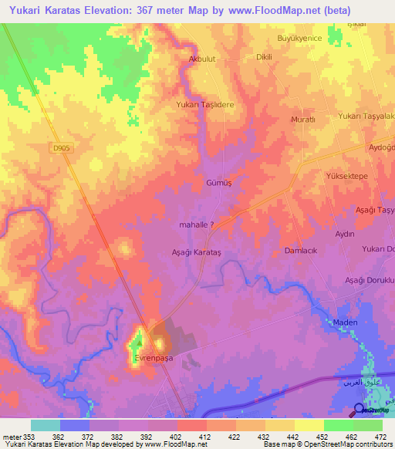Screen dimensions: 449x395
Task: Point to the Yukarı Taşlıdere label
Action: (x=204, y=104)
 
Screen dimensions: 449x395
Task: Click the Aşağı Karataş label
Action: (x=196, y=252)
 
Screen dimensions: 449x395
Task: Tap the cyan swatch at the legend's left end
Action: (x=45, y=424)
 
